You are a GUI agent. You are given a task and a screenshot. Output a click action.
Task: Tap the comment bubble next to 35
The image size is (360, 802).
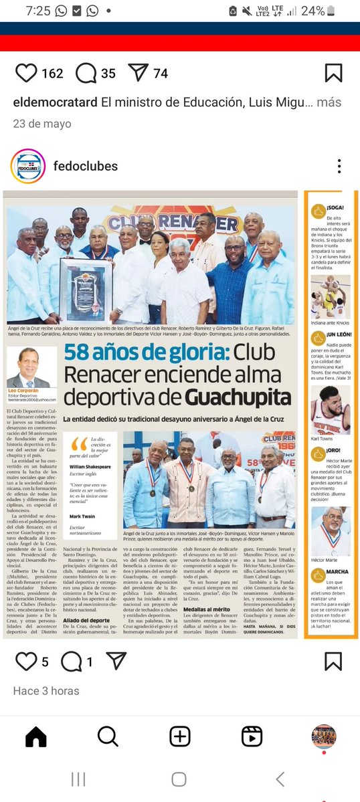86,73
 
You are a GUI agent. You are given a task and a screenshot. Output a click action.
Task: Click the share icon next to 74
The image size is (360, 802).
138,73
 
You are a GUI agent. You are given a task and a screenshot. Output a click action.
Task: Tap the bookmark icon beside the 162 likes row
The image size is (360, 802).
333,73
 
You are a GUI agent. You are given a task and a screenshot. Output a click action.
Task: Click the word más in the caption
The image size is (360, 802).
329,103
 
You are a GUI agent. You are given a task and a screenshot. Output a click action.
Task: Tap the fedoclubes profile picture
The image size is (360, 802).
28,166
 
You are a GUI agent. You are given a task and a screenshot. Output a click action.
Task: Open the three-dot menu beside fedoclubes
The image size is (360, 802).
340,167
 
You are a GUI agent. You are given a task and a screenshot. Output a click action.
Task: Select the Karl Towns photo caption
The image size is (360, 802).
324,439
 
